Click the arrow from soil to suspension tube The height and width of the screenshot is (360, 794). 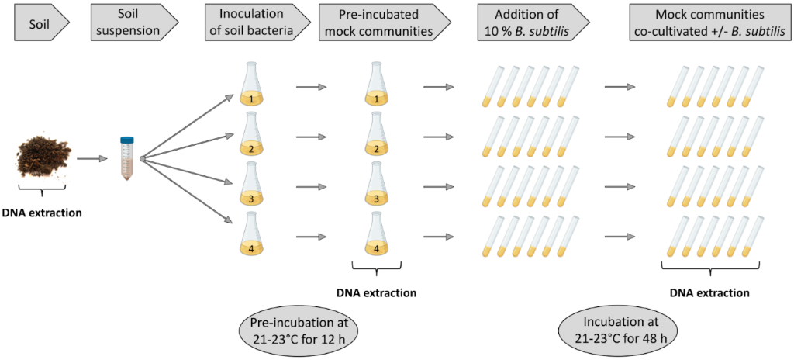pyautogui.click(x=91, y=159)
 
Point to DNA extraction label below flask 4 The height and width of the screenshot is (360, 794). pyautogui.click(x=377, y=292)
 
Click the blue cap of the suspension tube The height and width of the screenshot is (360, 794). pyautogui.click(x=127, y=140)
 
